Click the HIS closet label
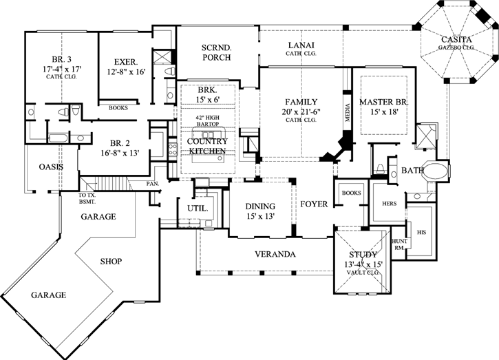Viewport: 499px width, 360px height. (x=422, y=233)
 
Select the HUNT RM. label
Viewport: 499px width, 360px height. (x=399, y=244)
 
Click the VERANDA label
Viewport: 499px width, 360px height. (x=275, y=255)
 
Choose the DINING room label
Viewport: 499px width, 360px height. (x=260, y=207)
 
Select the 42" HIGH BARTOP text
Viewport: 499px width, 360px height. (x=207, y=121)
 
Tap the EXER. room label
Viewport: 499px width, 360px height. (x=126, y=61)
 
